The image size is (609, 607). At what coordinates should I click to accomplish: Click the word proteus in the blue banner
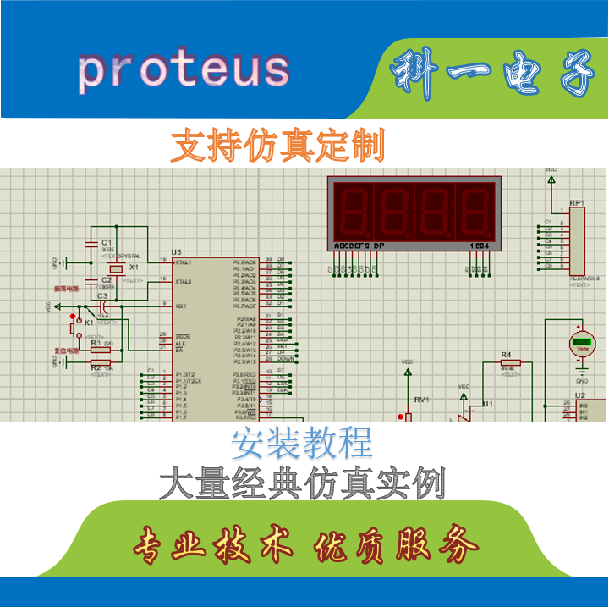tap(184, 69)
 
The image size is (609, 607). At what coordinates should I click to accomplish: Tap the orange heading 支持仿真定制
tap(277, 146)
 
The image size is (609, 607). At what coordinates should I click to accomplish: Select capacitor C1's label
tap(106, 241)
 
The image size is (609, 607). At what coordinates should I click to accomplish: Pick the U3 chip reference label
tap(177, 252)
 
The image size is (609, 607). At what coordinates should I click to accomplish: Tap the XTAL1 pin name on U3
tap(183, 262)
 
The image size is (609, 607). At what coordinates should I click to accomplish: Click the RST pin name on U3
tap(180, 306)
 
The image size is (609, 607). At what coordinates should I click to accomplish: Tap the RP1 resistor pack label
tap(577, 203)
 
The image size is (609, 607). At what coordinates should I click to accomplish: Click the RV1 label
tap(421, 399)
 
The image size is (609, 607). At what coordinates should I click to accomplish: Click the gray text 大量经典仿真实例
tap(302, 485)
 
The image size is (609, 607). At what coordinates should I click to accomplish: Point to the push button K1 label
tap(88, 323)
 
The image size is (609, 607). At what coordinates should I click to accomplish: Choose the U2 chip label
tap(580, 395)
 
